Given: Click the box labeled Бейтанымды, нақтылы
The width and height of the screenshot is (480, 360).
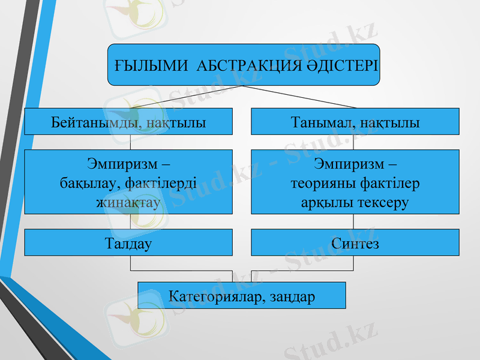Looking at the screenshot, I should click(128, 121).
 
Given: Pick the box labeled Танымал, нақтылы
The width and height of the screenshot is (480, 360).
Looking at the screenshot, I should click(355, 121).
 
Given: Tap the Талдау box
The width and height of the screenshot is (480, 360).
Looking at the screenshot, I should click(128, 243).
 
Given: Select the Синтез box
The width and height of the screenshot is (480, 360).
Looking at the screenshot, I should click(355, 243).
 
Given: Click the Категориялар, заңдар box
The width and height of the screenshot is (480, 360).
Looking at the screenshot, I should click(242, 296).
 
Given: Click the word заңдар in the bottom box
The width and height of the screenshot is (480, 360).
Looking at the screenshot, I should click(292, 296).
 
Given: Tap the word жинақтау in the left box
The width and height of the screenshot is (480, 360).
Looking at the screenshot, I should click(128, 203).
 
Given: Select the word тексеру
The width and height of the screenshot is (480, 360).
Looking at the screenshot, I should click(383, 203).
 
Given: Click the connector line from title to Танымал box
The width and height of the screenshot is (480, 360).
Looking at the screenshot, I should click(300, 97).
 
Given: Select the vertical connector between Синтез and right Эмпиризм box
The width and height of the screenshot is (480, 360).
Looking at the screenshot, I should click(354, 221).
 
